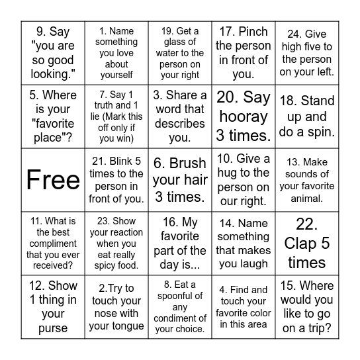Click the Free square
53,180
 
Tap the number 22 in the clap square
306,224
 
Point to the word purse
53,328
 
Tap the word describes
180,123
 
